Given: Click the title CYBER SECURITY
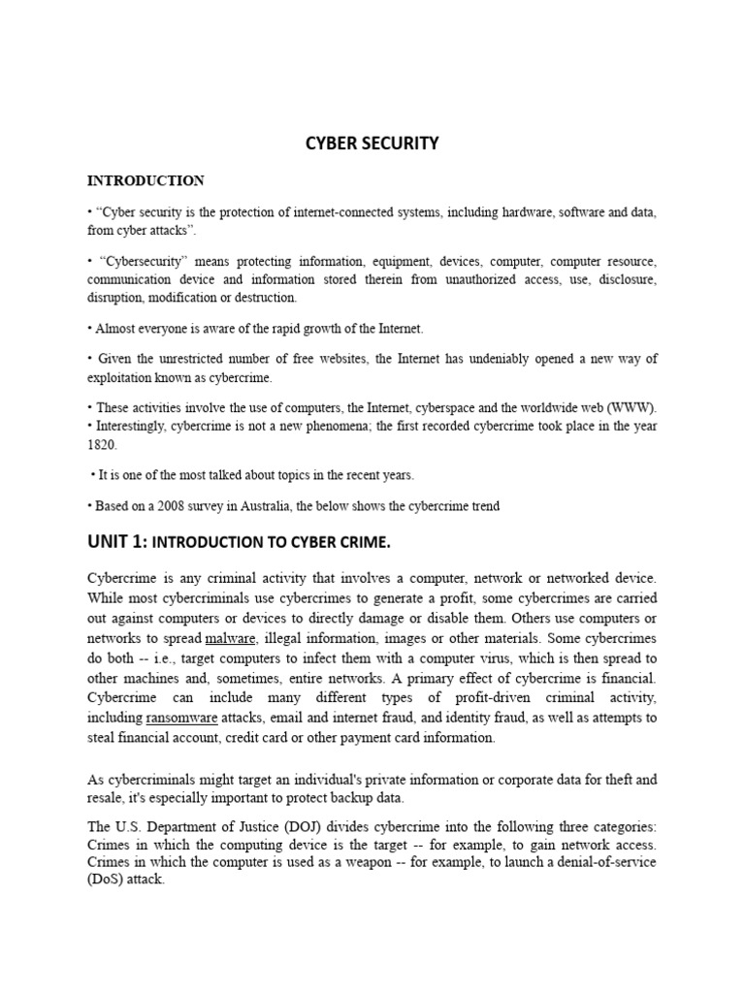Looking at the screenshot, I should pos(372,144).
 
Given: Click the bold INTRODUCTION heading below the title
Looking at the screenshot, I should pos(146,180).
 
